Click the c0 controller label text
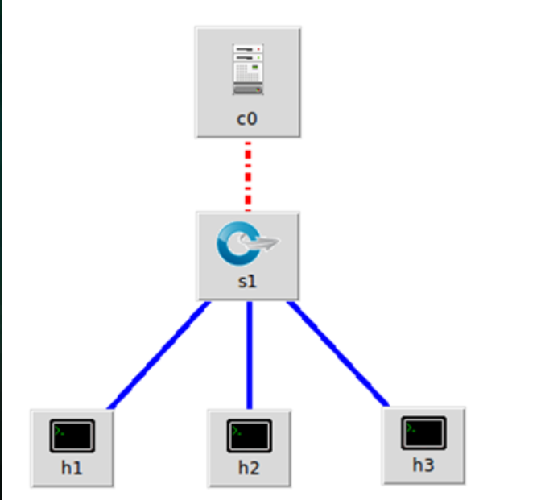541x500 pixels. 247,119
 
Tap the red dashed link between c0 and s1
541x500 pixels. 248,175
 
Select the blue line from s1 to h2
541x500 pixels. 250,354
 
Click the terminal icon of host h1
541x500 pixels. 72,435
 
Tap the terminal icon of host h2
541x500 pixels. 249,435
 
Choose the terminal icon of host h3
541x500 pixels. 423,432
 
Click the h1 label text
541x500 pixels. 72,468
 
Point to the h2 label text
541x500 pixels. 249,468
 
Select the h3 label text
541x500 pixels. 423,465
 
